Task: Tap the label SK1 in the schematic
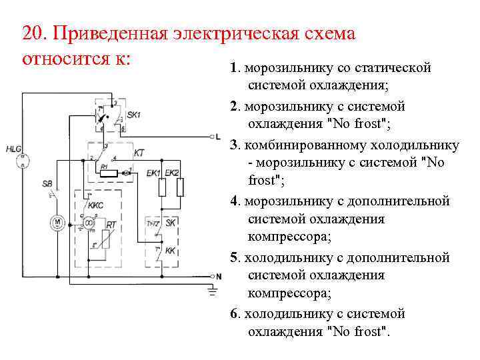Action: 133,115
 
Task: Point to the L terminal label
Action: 218,137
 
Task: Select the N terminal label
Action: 218,275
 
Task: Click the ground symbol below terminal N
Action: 213,290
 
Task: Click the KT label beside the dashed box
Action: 139,153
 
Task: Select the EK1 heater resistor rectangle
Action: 161,188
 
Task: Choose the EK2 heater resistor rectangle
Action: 180,188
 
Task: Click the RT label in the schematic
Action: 111,225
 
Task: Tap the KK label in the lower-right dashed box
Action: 170,251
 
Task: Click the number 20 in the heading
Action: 30,34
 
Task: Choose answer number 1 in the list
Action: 233,68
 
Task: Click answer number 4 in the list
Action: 233,201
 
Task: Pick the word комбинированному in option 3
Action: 325,145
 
